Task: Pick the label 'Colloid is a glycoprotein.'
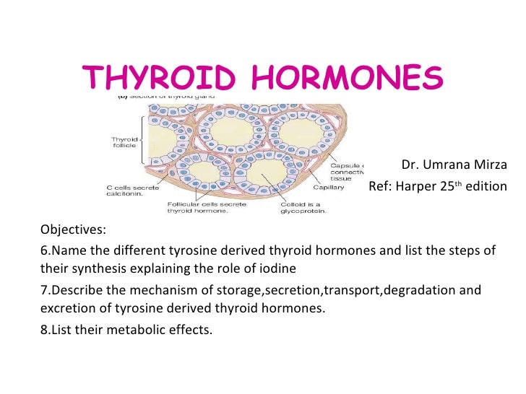coord(303,207)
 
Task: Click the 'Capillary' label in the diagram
coord(328,187)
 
